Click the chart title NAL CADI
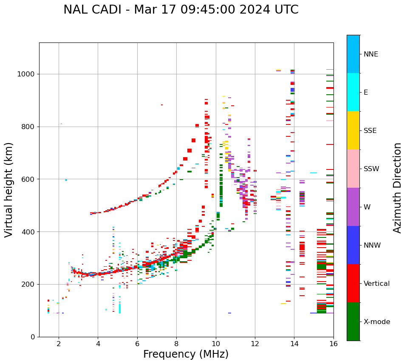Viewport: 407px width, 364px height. pos(181,10)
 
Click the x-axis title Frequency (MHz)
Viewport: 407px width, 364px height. pos(186,354)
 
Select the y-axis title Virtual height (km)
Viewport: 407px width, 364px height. pos(9,189)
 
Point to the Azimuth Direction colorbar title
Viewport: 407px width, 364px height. pos(397,188)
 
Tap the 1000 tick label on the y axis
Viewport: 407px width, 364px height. pos(26,74)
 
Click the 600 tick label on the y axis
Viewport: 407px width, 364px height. pos(28,179)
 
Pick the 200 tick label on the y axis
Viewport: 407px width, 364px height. pos(28,285)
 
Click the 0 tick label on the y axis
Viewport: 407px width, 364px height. pos(33,337)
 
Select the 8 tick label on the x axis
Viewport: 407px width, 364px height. pos(176,344)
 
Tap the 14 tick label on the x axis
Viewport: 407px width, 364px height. pos(294,344)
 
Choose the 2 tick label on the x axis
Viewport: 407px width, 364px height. pos(59,344)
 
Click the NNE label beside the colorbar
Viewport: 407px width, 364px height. pos(370,54)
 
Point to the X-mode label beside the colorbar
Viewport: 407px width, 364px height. pos(376,322)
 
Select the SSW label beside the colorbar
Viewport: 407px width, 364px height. pos(371,169)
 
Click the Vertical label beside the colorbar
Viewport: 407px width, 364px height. pos(376,284)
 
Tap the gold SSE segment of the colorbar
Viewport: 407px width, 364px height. pos(353,130)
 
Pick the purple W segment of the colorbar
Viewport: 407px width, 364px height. pos(353,207)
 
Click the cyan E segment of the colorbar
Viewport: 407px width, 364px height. pos(353,92)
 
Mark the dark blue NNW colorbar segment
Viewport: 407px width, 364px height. pos(353,245)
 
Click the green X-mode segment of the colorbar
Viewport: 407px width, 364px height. pos(353,322)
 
